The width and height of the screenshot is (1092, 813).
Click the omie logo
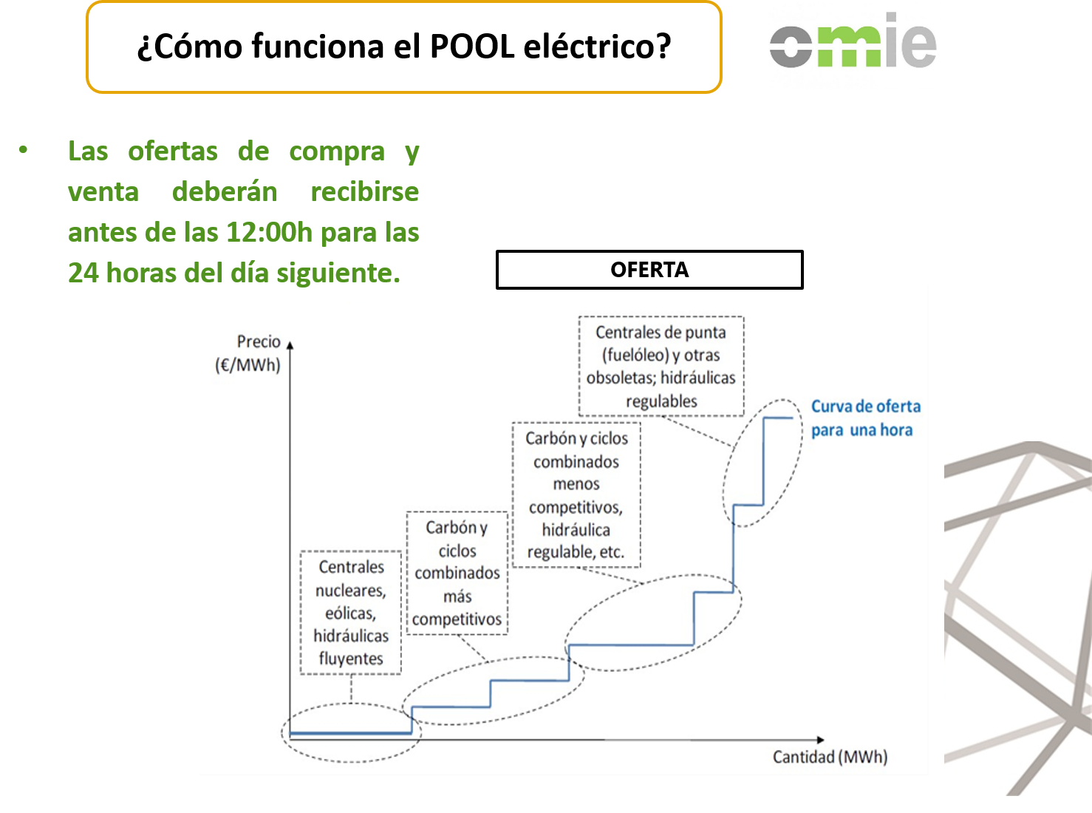click(853, 41)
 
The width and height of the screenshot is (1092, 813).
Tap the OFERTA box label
click(649, 270)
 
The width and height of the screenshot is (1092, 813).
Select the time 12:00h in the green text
click(269, 232)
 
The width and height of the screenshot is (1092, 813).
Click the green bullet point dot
click(23, 150)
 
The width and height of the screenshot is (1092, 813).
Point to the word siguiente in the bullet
click(338, 273)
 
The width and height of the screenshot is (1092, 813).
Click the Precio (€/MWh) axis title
click(248, 353)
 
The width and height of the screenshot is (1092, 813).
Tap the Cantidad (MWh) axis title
click(830, 756)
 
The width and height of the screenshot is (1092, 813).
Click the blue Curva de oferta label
click(865, 418)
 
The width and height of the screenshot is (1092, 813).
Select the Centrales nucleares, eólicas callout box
click(350, 613)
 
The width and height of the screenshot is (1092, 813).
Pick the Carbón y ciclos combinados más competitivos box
click(457, 573)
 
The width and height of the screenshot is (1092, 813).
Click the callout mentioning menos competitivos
click(576, 495)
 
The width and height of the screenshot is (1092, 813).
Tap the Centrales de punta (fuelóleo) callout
click(661, 366)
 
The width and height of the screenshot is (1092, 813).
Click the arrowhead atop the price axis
click(290, 345)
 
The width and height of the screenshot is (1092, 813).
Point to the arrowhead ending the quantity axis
click(820, 740)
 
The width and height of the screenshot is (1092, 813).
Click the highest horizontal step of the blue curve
click(778, 418)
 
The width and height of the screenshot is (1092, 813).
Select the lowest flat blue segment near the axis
click(350, 733)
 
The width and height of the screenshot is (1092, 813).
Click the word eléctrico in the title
click(597, 47)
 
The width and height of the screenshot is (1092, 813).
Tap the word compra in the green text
click(337, 152)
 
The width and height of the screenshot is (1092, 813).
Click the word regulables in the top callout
click(661, 401)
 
